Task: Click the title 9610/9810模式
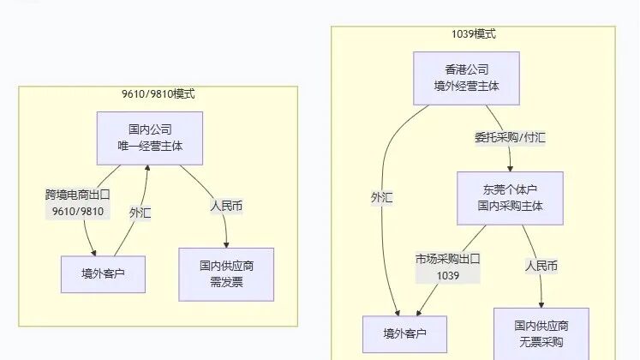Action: [158, 94]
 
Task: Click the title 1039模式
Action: [473, 34]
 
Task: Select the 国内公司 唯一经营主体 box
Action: [150, 137]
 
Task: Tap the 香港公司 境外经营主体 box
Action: [467, 77]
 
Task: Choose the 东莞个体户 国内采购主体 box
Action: [510, 197]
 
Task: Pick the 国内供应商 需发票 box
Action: [226, 273]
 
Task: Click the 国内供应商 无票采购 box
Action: [541, 333]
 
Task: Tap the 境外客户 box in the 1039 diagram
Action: [404, 333]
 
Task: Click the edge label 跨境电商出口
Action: [78, 195]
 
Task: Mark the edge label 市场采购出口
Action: [448, 258]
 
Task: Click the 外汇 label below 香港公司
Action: [381, 197]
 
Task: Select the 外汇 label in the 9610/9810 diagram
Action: [140, 213]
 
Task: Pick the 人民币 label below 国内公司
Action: [226, 206]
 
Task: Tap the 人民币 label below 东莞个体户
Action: [541, 266]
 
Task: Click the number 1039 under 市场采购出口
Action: [448, 275]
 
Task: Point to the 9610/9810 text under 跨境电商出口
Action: [78, 212]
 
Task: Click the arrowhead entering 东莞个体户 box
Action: [511, 168]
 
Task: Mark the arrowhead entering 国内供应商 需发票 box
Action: [226, 244]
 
